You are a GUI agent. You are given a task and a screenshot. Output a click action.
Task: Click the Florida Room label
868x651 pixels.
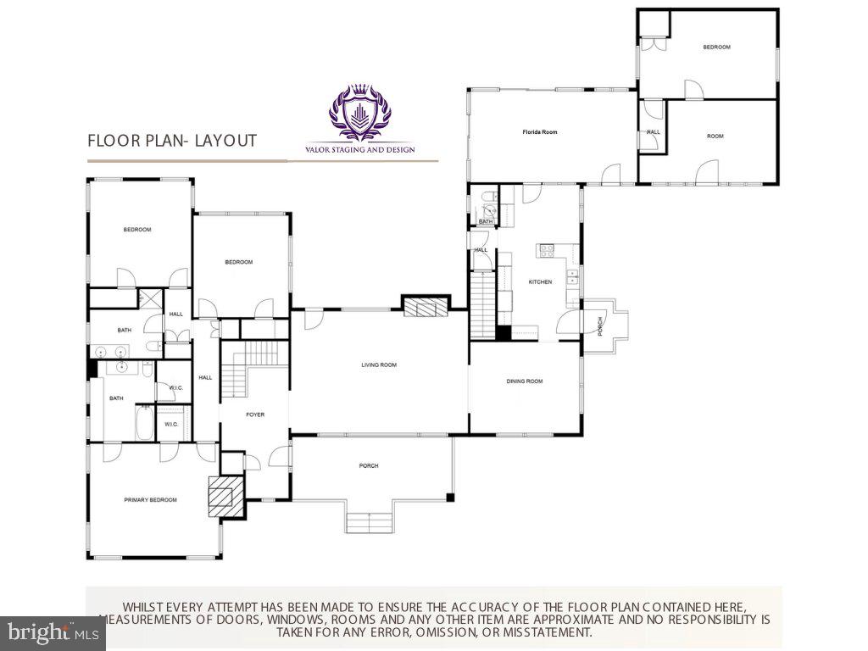[539, 132]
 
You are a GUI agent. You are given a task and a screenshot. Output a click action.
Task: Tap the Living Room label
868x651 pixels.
[379, 365]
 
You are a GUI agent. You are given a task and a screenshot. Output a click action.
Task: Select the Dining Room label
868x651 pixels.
[525, 381]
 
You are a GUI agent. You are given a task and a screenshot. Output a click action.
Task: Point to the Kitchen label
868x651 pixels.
[540, 281]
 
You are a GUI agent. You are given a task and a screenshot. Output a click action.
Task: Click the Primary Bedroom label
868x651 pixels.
[151, 500]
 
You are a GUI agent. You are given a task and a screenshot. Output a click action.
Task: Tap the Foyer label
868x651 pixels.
[255, 415]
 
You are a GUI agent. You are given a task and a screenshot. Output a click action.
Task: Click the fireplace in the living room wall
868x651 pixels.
[425, 306]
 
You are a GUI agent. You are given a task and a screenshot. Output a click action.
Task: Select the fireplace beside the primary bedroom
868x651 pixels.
[225, 494]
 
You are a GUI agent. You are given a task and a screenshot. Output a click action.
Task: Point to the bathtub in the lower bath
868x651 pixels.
[143, 422]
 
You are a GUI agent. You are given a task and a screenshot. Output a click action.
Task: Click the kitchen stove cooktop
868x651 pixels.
[547, 250]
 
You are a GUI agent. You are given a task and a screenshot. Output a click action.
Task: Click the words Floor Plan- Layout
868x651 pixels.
[172, 141]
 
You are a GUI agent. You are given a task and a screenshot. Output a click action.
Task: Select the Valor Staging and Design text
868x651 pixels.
[360, 150]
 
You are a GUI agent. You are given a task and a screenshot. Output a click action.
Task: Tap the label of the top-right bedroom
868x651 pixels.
[716, 47]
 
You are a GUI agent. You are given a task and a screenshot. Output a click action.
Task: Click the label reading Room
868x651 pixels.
[715, 136]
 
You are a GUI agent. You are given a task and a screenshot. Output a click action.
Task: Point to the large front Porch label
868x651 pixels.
[369, 465]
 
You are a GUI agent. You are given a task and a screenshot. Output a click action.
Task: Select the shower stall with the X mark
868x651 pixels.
[152, 298]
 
